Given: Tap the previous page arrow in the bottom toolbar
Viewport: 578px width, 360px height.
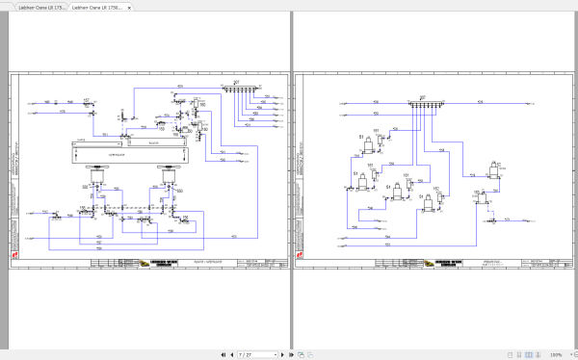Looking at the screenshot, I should (232, 354).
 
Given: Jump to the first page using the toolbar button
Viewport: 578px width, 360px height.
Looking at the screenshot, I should (223, 354).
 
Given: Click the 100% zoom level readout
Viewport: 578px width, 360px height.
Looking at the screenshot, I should (556, 354).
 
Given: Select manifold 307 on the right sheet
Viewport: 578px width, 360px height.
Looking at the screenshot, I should (421, 103).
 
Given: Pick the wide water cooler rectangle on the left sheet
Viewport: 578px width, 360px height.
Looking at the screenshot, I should (130, 151).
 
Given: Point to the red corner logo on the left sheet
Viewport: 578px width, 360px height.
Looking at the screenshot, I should (15, 254).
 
